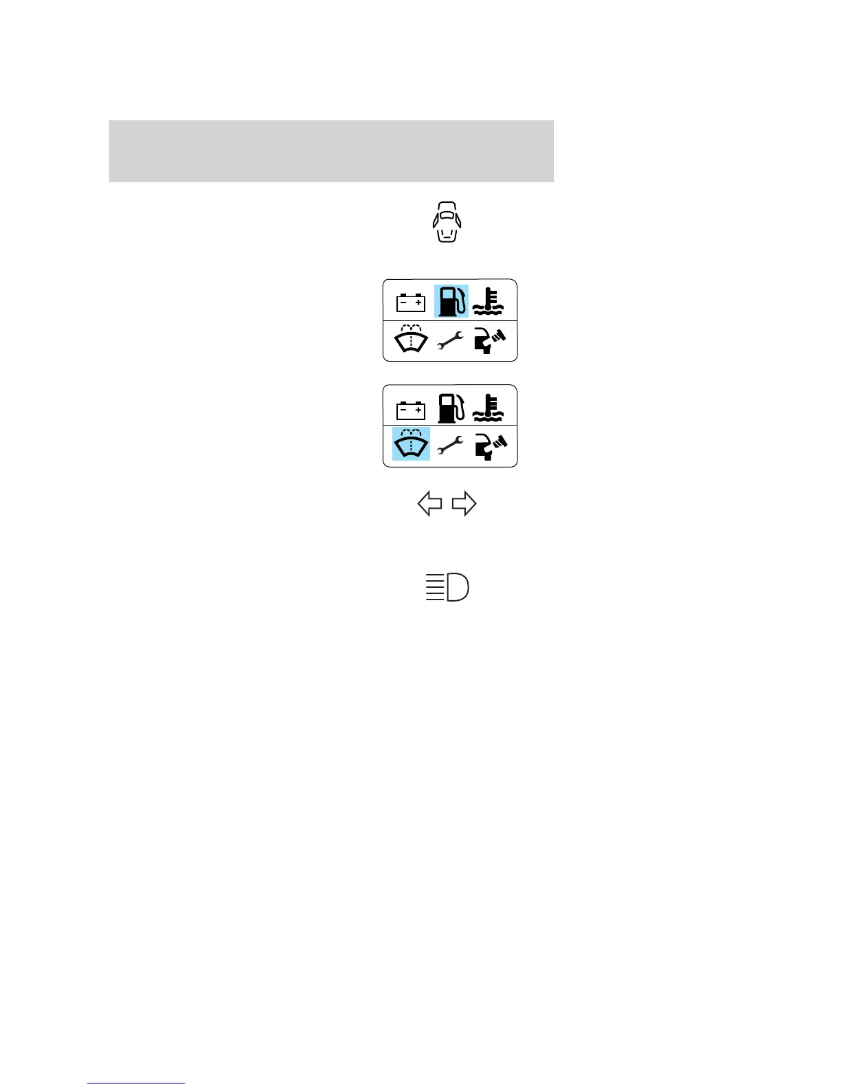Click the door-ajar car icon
coord(447,222)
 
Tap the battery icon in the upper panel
coord(411,302)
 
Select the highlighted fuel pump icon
coord(451,301)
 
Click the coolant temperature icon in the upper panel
coord(489,301)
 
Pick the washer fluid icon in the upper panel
coord(411,338)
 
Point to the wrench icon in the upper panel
coord(450,340)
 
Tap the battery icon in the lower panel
coord(411,410)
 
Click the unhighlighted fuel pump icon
coord(451,408)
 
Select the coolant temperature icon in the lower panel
coord(489,408)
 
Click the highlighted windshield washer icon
coord(411,444)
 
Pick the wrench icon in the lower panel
coord(450,446)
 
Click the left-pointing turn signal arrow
coord(429,504)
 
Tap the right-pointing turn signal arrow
coord(464,504)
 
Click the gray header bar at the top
coord(331,151)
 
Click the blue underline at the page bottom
coord(136,1083)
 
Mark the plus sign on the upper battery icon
coord(418,302)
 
